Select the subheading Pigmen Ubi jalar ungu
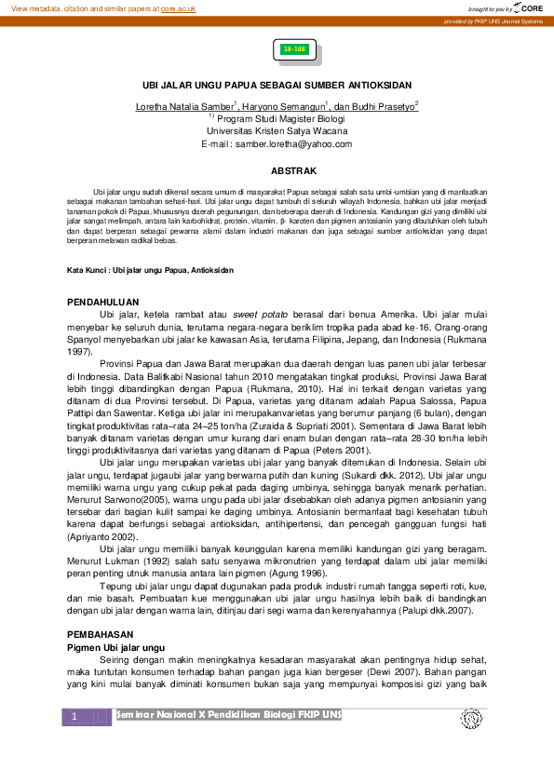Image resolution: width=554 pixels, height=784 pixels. [x=117, y=645]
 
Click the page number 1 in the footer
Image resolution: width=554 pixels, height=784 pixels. [x=74, y=717]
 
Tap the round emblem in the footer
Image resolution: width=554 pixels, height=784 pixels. [x=469, y=720]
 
